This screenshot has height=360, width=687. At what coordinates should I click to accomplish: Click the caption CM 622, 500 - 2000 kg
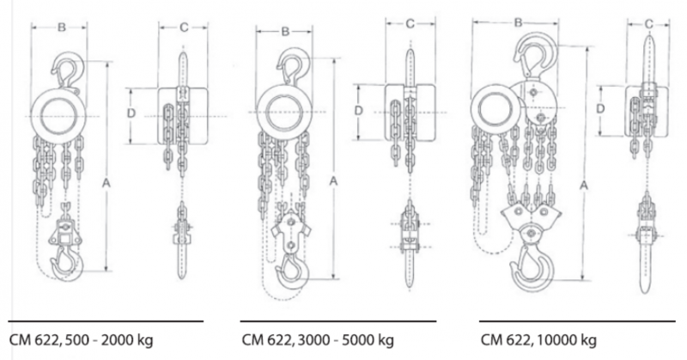(81, 340)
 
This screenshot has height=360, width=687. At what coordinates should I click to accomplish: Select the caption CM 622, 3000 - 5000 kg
(318, 340)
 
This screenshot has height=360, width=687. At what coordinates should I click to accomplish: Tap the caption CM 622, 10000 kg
(538, 340)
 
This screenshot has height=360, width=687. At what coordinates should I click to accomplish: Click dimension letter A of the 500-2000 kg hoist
(106, 183)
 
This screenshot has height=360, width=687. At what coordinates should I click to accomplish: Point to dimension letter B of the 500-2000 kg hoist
(62, 27)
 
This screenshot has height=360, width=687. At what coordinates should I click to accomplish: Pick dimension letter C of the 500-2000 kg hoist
(184, 27)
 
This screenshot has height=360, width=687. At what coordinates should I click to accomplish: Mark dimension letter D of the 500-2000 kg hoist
(131, 113)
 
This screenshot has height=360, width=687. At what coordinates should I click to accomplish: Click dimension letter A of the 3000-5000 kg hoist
(333, 180)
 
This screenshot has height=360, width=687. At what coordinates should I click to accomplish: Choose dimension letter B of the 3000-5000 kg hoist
(286, 32)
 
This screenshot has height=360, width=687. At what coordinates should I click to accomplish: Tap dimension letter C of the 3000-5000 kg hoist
(410, 24)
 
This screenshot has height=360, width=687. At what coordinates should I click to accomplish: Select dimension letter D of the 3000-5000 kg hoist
(359, 111)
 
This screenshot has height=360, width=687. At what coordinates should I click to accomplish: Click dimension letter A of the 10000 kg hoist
(584, 186)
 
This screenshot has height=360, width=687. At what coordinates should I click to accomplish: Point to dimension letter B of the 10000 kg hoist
(519, 22)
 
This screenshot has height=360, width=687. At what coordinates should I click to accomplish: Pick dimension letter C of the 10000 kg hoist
(649, 25)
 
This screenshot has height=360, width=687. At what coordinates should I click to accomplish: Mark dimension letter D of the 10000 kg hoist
(600, 108)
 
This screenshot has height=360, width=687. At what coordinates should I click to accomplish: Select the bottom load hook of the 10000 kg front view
(532, 267)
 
